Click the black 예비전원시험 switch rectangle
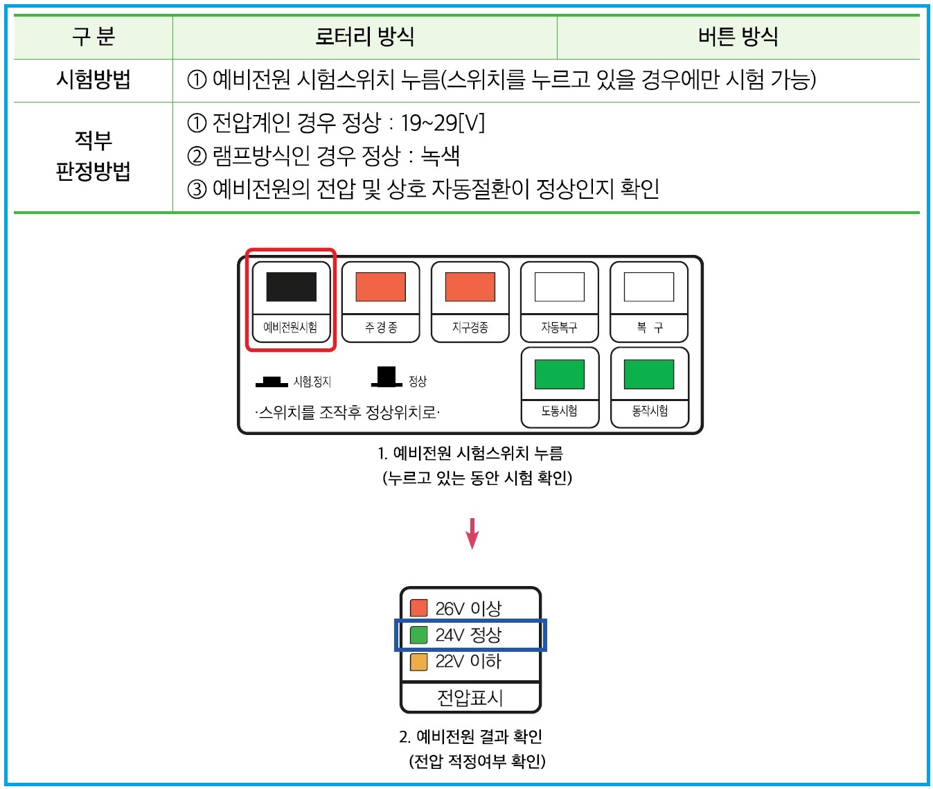[291, 287]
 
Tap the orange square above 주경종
[380, 287]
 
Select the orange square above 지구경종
[470, 287]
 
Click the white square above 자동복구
[559, 287]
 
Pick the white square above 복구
[649, 287]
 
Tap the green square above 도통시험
[559, 375]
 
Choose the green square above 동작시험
[649, 375]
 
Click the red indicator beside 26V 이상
[418, 608]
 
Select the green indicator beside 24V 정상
[418, 635]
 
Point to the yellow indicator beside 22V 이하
[418, 662]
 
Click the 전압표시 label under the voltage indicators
[470, 697]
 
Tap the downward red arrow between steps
[472, 533]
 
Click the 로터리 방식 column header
[364, 36]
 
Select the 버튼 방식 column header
[738, 36]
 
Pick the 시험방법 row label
[93, 80]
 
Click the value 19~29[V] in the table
[443, 123]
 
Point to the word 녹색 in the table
[441, 156]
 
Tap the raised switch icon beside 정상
[386, 377]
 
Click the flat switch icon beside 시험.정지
[272, 382]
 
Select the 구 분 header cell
[93, 36]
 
